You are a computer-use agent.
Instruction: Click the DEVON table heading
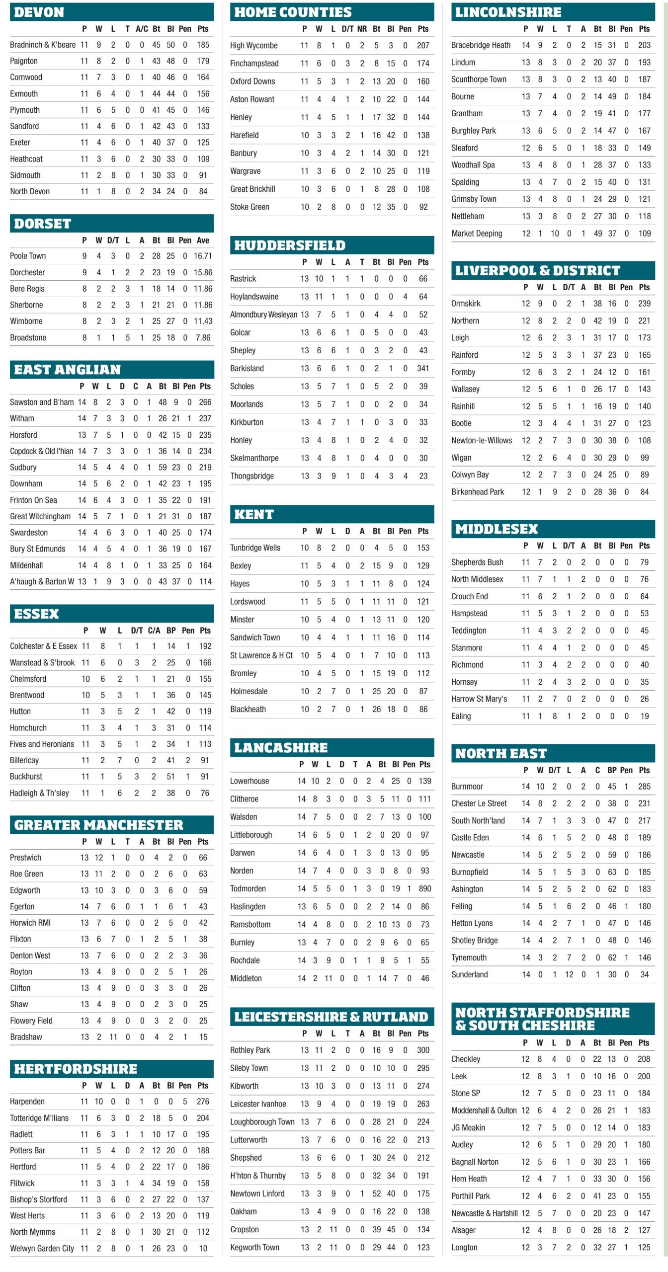point(39,12)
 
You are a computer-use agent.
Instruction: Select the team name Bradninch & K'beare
point(43,45)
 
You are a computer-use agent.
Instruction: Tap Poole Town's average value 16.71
point(203,256)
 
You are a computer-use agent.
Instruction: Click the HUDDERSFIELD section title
point(290,245)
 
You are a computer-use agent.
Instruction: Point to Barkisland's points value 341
point(423,368)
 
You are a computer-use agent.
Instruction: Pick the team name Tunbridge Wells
point(255,548)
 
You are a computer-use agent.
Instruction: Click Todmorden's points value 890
point(424,888)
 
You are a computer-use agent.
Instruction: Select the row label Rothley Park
point(250,1050)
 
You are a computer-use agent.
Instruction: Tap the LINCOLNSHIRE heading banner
point(508,12)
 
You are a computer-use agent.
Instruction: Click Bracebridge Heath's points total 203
point(644,45)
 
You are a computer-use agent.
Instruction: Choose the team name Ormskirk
point(466,304)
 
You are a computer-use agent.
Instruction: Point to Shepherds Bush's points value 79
point(644,562)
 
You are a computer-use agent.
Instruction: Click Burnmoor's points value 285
point(644,787)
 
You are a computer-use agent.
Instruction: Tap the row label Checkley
point(466,1059)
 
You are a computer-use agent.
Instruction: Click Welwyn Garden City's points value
point(203,1248)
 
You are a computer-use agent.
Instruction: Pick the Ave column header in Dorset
point(203,240)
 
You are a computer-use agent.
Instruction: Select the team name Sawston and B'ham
point(42,402)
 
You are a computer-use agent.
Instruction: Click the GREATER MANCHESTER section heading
point(98,825)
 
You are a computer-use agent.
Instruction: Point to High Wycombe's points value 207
point(423,46)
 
